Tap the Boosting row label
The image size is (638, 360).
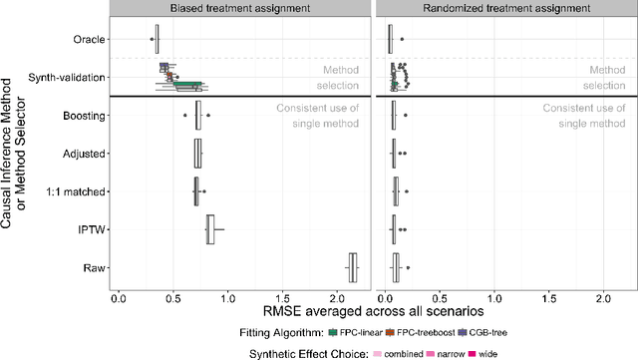click(83, 116)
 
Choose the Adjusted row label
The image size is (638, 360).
click(84, 154)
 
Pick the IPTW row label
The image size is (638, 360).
click(93, 229)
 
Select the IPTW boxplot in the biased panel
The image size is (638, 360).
click(210, 229)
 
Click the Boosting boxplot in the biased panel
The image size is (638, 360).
click(198, 116)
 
